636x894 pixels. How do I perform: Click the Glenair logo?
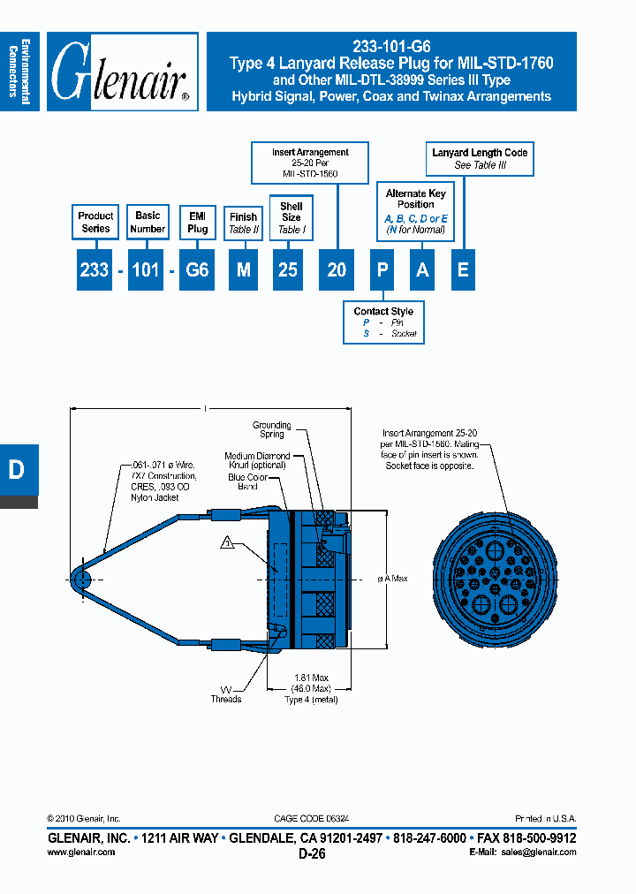click(x=122, y=72)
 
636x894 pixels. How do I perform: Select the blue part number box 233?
click(x=94, y=270)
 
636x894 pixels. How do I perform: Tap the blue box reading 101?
click(x=147, y=270)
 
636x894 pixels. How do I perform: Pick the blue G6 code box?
click(x=198, y=270)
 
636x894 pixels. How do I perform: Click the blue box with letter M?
click(x=243, y=270)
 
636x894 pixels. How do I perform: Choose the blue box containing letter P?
click(x=382, y=270)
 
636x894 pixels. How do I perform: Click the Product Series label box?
click(x=95, y=222)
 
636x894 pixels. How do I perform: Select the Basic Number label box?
click(x=148, y=222)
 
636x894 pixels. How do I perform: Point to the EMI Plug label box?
click(x=198, y=222)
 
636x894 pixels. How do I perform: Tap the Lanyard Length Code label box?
click(x=480, y=159)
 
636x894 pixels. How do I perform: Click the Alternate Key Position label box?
click(x=415, y=211)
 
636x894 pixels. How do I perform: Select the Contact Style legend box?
click(x=383, y=322)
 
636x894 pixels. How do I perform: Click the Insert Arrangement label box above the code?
click(x=310, y=163)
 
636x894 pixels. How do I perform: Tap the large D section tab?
click(x=18, y=470)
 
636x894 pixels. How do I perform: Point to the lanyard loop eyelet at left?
click(x=79, y=580)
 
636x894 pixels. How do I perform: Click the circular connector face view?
click(x=496, y=580)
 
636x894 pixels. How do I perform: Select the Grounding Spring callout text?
click(x=271, y=429)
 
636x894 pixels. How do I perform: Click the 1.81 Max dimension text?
click(x=307, y=678)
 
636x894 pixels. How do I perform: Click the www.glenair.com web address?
click(x=80, y=852)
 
